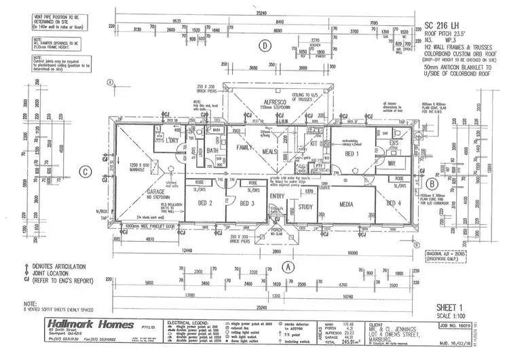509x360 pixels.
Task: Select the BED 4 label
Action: [394, 203]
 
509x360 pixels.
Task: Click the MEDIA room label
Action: [347, 203]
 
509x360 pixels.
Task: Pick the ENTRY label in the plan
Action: [278, 196]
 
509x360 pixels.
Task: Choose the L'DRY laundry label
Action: [166, 140]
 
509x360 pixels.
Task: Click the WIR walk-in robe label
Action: [390, 163]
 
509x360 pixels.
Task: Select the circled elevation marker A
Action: [288, 267]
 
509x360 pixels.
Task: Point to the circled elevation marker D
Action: [263, 46]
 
